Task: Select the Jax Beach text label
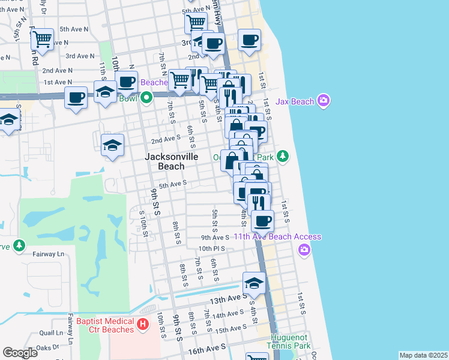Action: tap(295, 101)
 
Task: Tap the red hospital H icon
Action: tap(142, 325)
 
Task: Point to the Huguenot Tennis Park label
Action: tap(290, 341)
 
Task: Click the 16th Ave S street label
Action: tap(206, 347)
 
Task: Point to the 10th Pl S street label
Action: tap(212, 248)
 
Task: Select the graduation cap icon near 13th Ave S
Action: tap(254, 283)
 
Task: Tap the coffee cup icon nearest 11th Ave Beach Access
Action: tap(262, 221)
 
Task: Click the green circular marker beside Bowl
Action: tap(146, 98)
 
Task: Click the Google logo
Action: tap(20, 353)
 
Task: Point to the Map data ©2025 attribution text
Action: tap(423, 355)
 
